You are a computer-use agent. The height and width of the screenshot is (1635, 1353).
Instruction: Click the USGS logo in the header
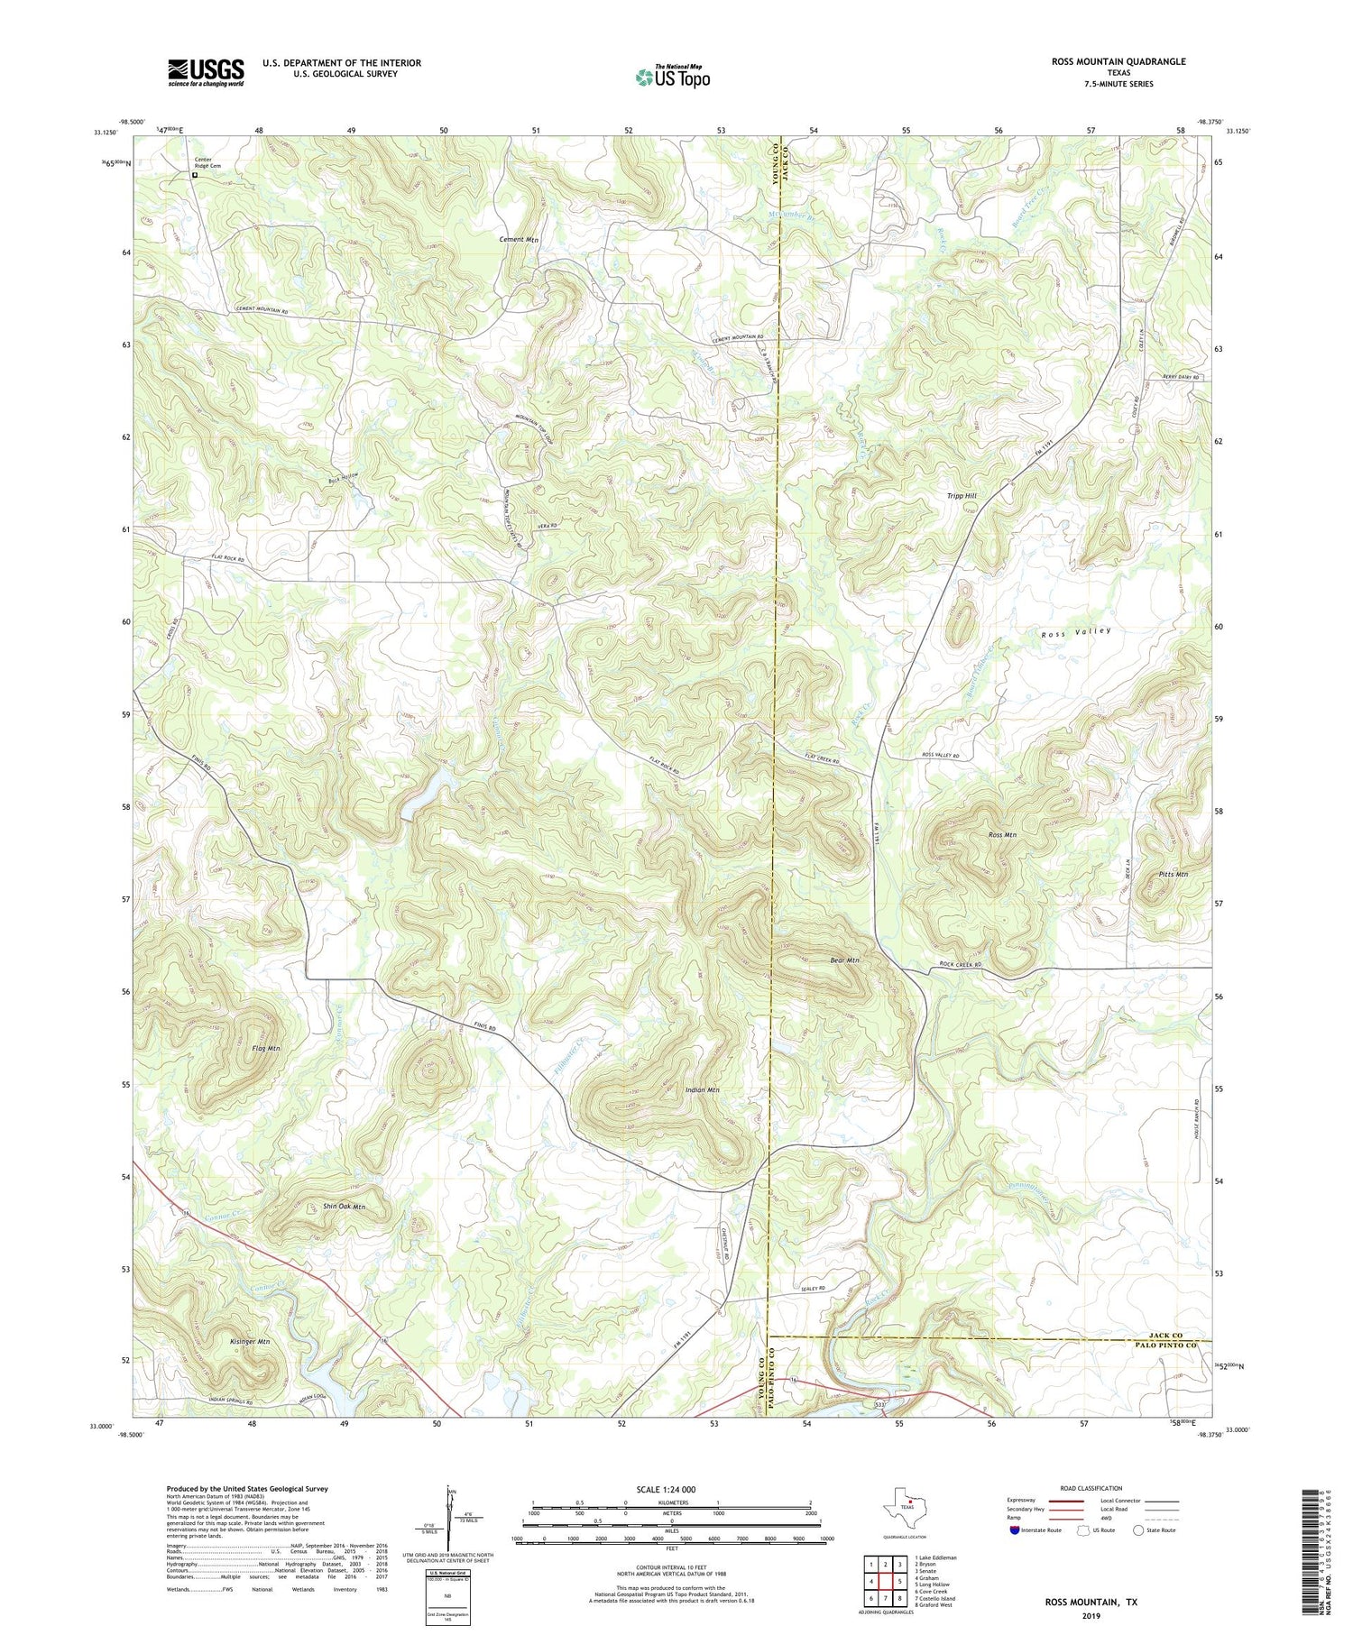pos(206,72)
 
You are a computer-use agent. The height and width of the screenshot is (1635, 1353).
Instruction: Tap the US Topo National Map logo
pos(673,77)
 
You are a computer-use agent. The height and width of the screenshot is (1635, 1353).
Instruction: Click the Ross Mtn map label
pos(1002,835)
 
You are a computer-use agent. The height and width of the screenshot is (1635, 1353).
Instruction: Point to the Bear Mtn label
pos(844,960)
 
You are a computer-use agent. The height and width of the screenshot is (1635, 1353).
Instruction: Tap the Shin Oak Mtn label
pos(344,1206)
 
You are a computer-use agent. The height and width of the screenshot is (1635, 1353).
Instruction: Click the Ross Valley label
pos(1076,633)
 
